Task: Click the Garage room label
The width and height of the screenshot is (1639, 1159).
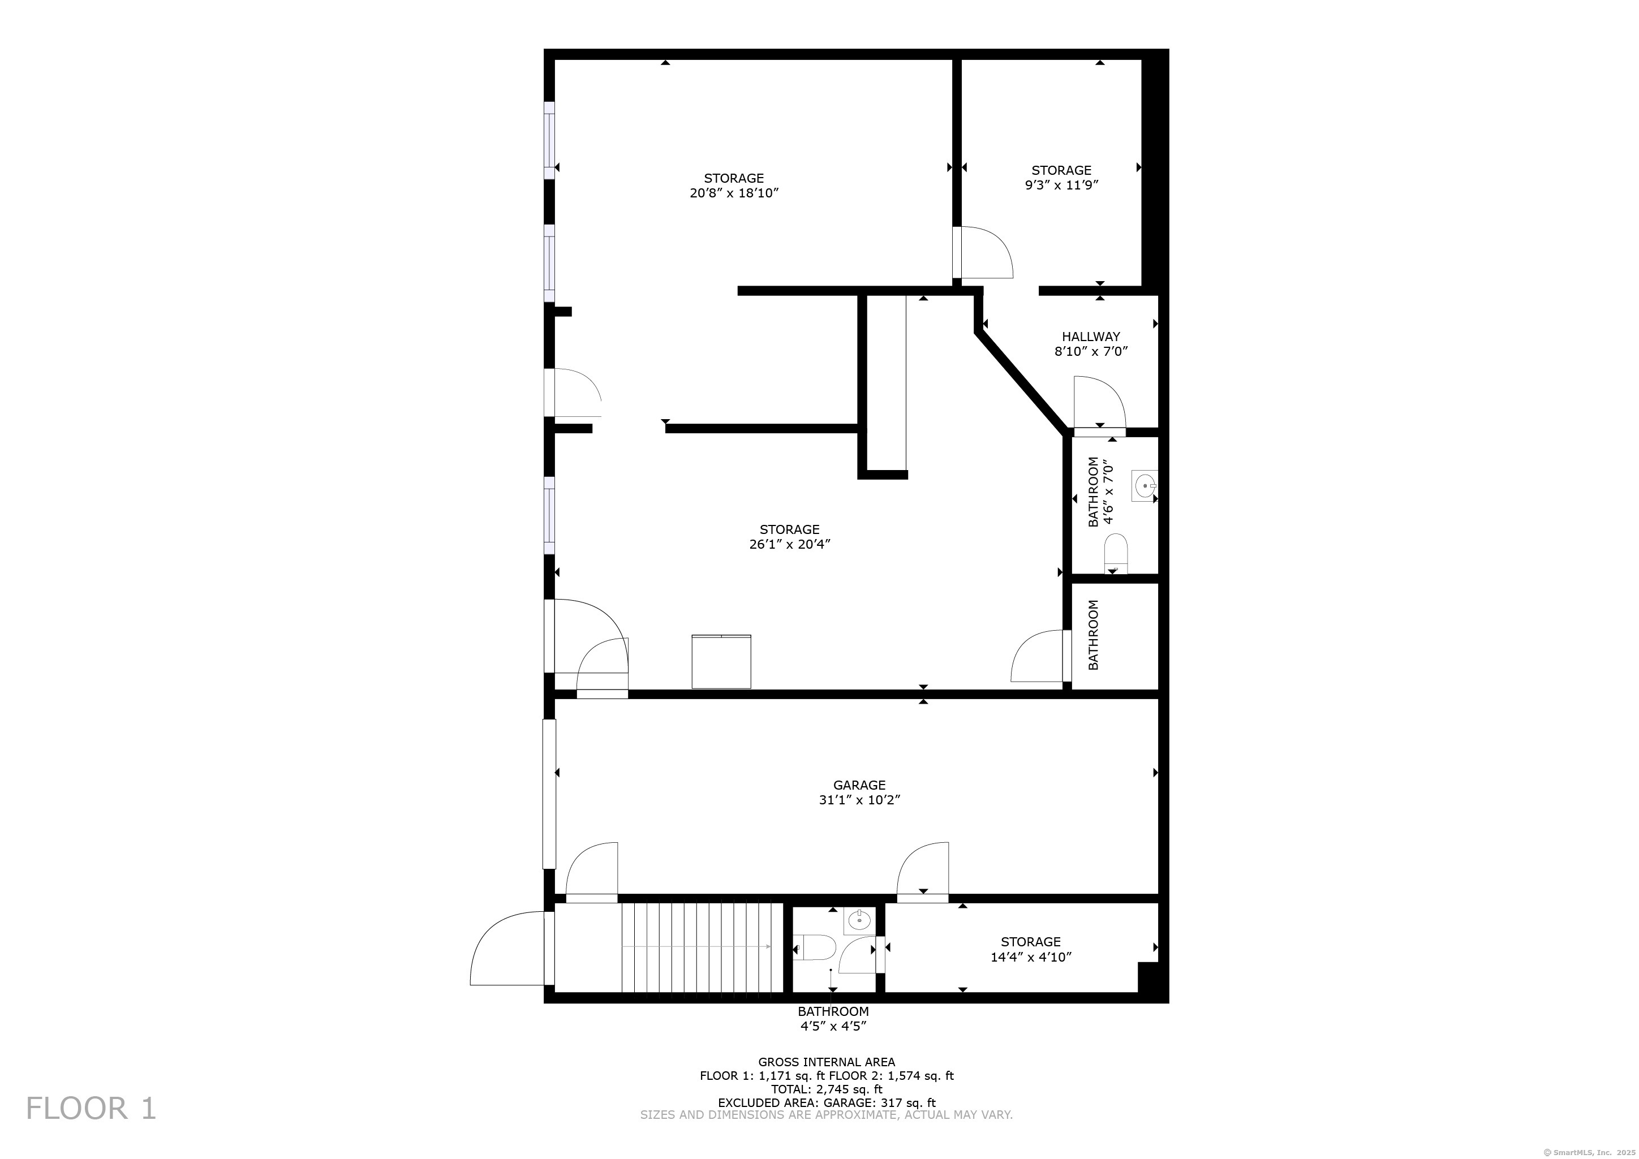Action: click(x=859, y=785)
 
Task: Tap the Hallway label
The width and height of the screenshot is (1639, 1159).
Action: click(x=1090, y=336)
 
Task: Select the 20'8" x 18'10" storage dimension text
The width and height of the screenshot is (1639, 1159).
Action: click(x=733, y=193)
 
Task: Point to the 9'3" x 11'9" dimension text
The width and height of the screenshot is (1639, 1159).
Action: click(x=1061, y=185)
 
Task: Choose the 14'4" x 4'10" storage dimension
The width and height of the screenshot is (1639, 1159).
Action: click(x=1030, y=957)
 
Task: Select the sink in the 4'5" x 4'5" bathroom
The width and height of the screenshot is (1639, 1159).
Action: click(x=857, y=921)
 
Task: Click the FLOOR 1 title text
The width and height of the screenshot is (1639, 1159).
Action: click(x=91, y=1108)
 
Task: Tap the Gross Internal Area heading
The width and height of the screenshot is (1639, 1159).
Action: click(x=826, y=1062)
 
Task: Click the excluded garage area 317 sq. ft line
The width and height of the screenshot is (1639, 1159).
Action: click(x=826, y=1102)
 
